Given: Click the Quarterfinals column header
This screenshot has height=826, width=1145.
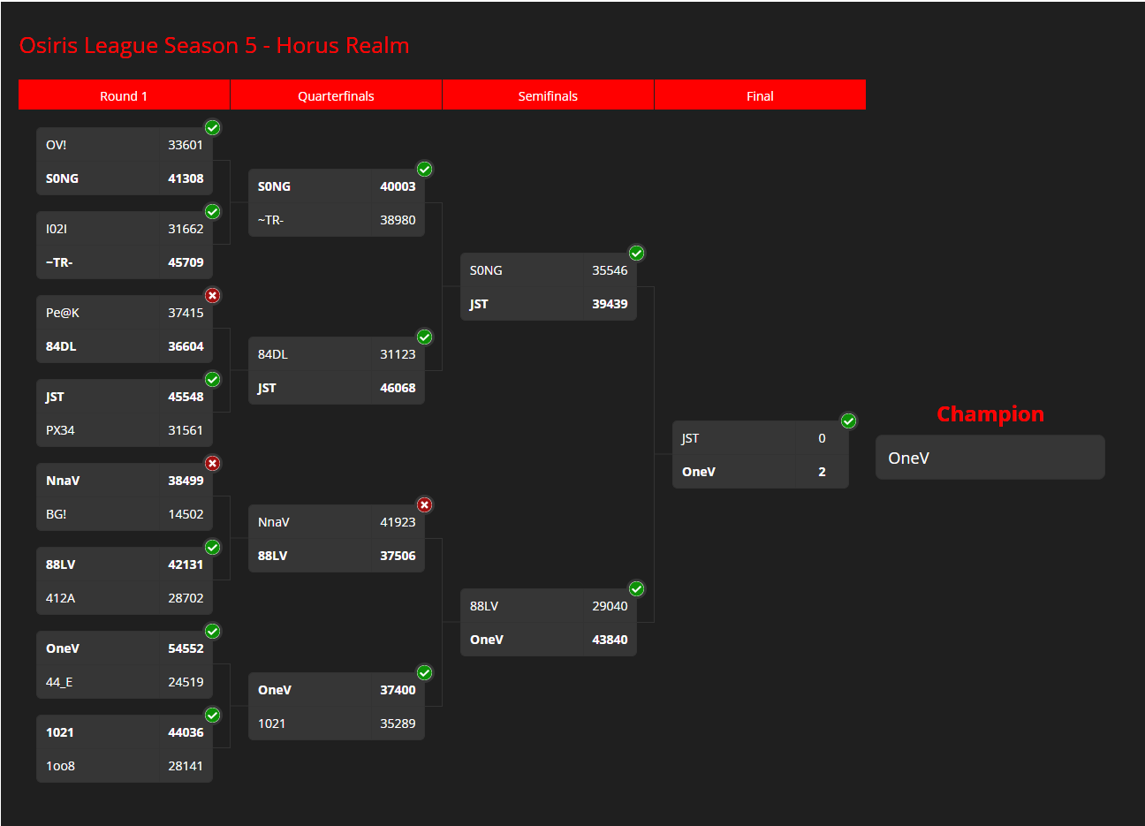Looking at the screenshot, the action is click(x=336, y=95).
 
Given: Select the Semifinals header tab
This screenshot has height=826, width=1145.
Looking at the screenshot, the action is click(x=548, y=95).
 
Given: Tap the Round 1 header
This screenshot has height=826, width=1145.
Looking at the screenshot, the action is click(x=124, y=95).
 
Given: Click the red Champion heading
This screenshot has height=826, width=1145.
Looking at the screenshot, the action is click(x=990, y=414).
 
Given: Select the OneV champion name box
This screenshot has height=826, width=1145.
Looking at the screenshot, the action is click(x=990, y=458).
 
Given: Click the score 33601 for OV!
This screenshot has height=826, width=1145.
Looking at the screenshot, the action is click(x=186, y=145).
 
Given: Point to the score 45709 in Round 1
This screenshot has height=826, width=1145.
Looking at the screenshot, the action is click(x=186, y=262).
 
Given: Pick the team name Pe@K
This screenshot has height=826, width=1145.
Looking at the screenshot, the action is click(x=63, y=313).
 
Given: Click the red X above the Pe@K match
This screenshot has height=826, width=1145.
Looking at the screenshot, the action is click(x=213, y=295).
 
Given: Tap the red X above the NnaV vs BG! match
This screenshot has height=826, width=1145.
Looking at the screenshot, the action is click(x=213, y=463).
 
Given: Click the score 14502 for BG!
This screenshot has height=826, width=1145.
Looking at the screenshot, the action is click(x=186, y=514).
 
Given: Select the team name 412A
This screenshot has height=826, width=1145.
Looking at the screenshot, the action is click(x=60, y=598).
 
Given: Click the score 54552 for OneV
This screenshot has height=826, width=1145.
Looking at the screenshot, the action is click(x=186, y=648).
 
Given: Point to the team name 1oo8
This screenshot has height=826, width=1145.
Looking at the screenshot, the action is click(x=60, y=766).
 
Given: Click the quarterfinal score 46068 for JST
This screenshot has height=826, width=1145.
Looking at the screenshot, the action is click(x=398, y=388).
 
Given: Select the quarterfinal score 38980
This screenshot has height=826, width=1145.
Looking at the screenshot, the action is click(x=398, y=220).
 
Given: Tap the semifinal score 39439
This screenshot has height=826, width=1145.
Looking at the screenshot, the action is click(x=610, y=304).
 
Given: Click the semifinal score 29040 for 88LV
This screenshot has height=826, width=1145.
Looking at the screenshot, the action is click(x=610, y=606).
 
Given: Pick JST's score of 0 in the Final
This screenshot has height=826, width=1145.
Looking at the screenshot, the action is click(x=822, y=438).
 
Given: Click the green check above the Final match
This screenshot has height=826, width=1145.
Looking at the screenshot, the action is click(x=848, y=421).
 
